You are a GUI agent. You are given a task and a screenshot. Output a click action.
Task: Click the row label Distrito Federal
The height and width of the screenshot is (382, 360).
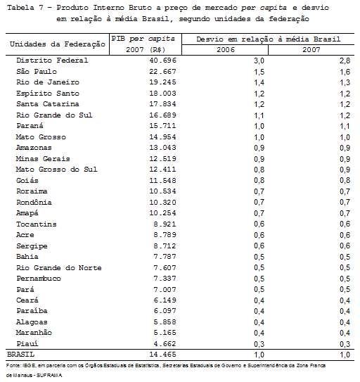[x=52, y=61]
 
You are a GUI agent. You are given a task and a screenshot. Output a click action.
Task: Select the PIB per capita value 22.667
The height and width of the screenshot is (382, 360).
[x=162, y=71]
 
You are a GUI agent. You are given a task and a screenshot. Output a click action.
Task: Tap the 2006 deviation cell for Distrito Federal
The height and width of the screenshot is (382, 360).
[x=259, y=61]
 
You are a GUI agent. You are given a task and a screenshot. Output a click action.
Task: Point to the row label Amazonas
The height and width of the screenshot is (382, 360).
[x=34, y=148]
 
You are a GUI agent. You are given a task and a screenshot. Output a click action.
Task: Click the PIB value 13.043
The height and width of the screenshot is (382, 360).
[x=162, y=148]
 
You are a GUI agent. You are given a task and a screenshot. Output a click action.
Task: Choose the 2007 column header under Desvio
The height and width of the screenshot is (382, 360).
[x=311, y=50]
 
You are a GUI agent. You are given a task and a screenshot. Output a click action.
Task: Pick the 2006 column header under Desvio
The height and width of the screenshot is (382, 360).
[x=226, y=50]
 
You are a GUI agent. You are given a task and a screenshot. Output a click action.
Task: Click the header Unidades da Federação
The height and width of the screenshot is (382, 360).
[x=58, y=44]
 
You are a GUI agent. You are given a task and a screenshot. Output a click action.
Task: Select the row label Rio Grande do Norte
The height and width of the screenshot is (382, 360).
[x=58, y=268]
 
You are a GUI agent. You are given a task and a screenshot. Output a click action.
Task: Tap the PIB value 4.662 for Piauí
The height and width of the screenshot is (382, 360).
[x=165, y=344]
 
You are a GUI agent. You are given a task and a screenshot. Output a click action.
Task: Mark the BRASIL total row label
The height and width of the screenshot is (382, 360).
[x=20, y=355]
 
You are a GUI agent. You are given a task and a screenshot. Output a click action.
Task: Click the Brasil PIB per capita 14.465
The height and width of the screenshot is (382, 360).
[x=162, y=355]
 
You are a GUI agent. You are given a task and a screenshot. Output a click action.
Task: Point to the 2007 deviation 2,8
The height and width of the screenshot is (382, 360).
[x=345, y=61]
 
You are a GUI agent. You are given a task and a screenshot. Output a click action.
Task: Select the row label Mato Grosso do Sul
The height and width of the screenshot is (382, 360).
[x=56, y=170]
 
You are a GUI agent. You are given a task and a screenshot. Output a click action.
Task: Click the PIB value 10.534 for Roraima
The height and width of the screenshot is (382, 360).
[x=162, y=191]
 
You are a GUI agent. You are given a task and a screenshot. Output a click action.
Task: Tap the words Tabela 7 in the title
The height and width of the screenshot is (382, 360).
[x=25, y=8]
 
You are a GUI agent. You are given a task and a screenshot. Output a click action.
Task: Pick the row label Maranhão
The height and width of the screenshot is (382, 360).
[x=34, y=333]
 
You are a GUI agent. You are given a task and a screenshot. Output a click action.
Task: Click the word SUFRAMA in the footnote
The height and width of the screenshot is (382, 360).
[x=49, y=376]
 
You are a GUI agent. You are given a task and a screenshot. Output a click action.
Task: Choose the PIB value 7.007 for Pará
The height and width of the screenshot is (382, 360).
[x=165, y=289]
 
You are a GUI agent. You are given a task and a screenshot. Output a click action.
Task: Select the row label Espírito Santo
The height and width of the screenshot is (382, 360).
[x=48, y=94]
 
